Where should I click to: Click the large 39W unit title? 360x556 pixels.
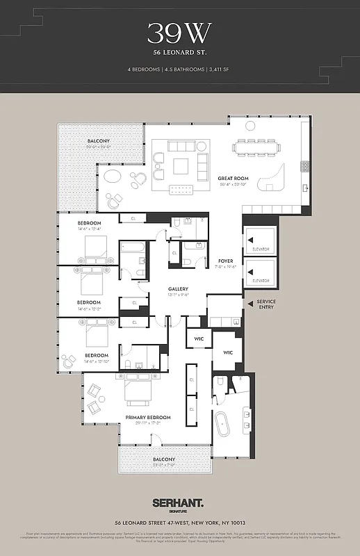[x=179, y=33]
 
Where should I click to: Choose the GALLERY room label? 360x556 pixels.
[x=178, y=289]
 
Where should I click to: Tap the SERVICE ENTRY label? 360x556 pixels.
[x=266, y=304]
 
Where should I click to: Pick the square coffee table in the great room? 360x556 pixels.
[x=181, y=165]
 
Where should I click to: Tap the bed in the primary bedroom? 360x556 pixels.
[x=140, y=393]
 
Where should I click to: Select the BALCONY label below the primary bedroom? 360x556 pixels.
[x=164, y=459]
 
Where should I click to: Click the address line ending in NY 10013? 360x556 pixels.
[x=179, y=523]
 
